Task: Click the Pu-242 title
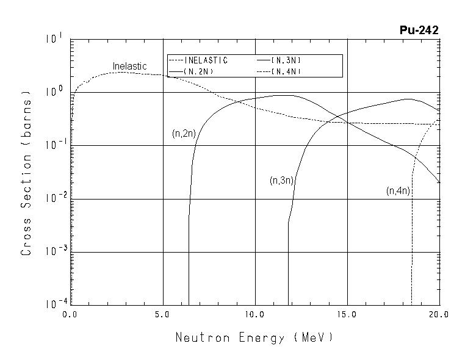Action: coord(419,31)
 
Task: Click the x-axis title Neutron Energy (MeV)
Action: coord(254,337)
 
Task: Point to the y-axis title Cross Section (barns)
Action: coord(26,173)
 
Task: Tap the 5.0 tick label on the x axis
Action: coord(162,315)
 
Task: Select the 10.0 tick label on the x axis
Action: coord(254,315)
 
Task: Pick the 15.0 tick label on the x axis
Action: coord(347,315)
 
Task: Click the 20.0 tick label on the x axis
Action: coord(439,315)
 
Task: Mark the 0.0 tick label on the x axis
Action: coord(70,315)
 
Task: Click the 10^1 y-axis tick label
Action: coord(54,40)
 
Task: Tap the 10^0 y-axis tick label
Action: coord(54,92)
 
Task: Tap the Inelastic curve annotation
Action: coord(129,66)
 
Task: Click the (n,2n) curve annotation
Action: coord(184,134)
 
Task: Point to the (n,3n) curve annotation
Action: coord(283,181)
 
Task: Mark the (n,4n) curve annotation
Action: coord(398,191)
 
